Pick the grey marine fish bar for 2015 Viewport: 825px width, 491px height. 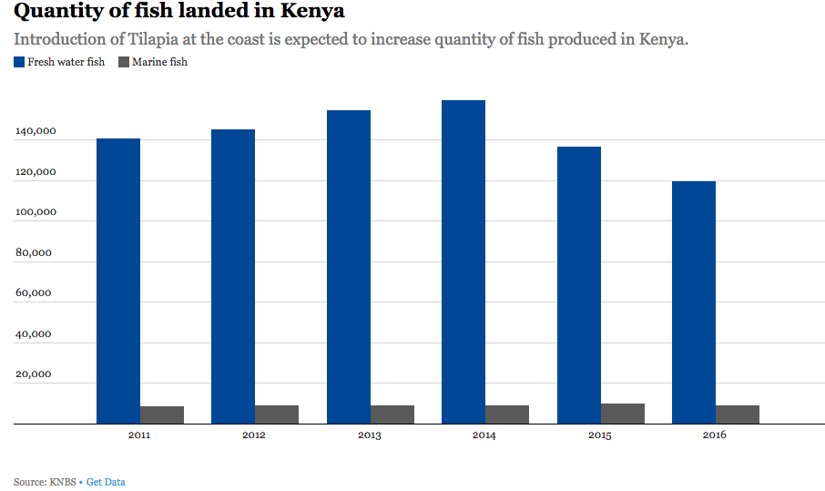pos(623,414)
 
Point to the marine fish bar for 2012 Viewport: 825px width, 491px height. pos(277,414)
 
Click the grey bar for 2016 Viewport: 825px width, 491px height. pos(738,414)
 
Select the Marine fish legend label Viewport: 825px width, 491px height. pos(159,62)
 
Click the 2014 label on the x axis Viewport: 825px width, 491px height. pos(484,435)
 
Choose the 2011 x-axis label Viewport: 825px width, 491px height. pos(139,435)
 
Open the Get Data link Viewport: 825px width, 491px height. pos(106,481)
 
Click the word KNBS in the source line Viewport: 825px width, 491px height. pos(66,481)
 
